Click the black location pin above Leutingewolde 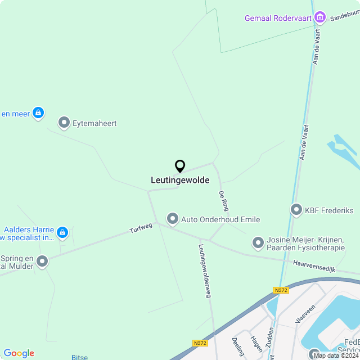(180, 166)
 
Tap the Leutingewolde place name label (180, 181)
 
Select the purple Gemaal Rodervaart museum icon (320, 18)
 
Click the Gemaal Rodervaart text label (278, 19)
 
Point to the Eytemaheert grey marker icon (64, 123)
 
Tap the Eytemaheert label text (94, 123)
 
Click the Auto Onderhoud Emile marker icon (172, 218)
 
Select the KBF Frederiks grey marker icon (296, 210)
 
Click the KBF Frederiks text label (329, 210)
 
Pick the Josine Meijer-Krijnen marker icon (258, 242)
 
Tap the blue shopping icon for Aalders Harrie (62, 232)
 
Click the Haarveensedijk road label (314, 266)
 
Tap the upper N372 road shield (281, 290)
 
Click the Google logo (19, 353)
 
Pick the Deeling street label (238, 346)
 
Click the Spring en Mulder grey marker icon (42, 261)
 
